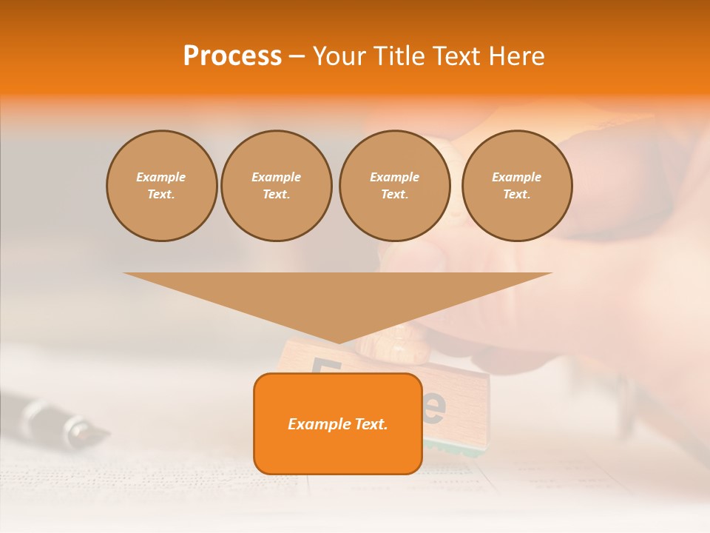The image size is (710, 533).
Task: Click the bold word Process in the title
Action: pyautogui.click(x=232, y=56)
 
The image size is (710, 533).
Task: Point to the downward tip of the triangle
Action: pyautogui.click(x=339, y=341)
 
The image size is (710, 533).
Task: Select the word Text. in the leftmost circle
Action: pyautogui.click(x=161, y=195)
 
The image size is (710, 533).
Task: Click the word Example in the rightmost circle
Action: pyautogui.click(x=517, y=177)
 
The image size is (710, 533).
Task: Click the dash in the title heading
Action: pyautogui.click(x=297, y=56)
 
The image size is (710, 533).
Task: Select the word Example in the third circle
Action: pyautogui.click(x=394, y=177)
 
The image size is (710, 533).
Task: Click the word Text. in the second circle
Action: pyautogui.click(x=277, y=195)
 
